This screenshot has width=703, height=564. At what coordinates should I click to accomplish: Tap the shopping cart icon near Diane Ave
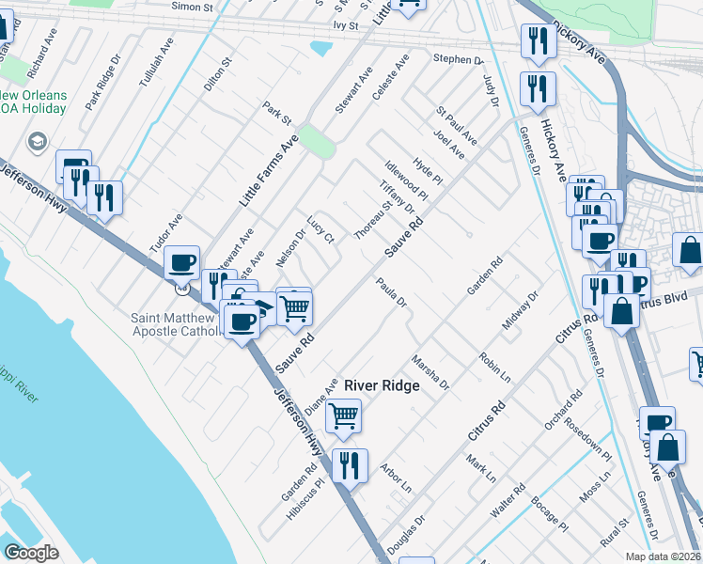[x=345, y=414]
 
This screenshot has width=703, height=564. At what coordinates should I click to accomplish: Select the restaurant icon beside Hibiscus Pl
[x=350, y=464]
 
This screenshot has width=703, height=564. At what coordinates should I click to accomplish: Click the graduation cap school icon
[x=38, y=142]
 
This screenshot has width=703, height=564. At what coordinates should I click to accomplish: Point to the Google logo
[x=31, y=553]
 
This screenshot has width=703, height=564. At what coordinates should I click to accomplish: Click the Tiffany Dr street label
[x=398, y=196]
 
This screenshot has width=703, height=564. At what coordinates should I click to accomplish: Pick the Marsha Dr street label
[x=431, y=372]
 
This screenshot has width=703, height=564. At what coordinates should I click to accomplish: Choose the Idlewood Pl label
[x=406, y=181]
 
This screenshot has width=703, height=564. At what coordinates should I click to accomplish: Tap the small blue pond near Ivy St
[x=320, y=47]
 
